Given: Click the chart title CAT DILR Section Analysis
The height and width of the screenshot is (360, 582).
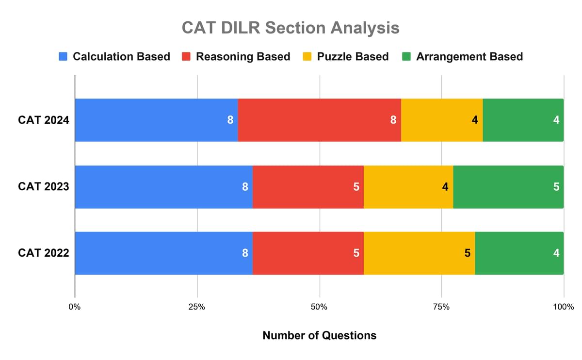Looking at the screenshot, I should tap(291, 28).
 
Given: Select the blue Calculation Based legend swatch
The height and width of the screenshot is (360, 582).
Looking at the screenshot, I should tap(63, 57).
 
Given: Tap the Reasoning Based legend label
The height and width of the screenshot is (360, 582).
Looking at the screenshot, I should tap(242, 57).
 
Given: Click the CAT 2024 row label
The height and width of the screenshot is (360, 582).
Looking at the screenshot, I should tap(44, 120).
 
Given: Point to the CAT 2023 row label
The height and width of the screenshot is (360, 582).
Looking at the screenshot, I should tap(44, 186).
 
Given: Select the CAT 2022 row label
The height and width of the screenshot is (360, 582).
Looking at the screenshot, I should tap(44, 253).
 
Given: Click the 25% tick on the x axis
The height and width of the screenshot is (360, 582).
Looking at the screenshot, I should tap(197, 307).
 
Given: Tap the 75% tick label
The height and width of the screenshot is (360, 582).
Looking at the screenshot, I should tap(441, 307).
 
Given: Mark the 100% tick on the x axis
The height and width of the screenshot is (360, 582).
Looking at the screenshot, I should tap(563, 307).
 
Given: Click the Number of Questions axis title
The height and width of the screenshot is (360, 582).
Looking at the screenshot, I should tap(319, 335).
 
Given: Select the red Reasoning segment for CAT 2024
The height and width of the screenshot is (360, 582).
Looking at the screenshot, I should tap(319, 120).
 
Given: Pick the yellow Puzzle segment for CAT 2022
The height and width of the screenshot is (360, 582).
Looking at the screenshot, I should tap(419, 253).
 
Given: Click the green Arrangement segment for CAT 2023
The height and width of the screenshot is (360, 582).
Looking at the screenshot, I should tap(508, 186).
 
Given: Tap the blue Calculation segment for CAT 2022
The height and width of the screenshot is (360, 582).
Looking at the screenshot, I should tap(163, 253).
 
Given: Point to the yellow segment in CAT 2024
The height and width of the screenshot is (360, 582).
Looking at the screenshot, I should tap(441, 120).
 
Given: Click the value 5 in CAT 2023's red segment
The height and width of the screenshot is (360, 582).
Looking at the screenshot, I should tap(356, 186).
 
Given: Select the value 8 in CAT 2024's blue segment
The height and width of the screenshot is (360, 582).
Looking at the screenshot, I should tap(230, 120).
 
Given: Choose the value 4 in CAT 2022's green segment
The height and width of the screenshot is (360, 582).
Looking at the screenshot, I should tap(556, 253).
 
